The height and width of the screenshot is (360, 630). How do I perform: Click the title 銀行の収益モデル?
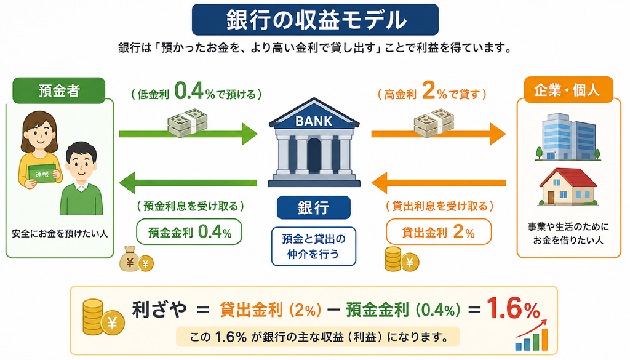point(316,20)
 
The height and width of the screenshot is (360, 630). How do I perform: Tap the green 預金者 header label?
point(59,90)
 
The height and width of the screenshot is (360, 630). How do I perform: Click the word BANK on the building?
point(314,121)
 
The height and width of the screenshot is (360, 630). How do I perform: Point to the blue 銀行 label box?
point(313,207)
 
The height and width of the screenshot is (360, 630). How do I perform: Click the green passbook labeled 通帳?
point(42,174)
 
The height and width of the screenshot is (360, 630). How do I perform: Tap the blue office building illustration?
point(568,137)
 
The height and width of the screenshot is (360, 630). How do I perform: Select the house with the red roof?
point(568,186)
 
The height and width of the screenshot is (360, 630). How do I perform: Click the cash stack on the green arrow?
point(188,122)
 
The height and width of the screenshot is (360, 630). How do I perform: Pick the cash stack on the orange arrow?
point(434,122)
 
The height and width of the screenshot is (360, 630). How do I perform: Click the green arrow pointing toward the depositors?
point(188,183)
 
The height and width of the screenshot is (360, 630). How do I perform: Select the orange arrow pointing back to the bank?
point(439,183)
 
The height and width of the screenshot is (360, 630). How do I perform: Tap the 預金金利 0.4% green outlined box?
point(189,232)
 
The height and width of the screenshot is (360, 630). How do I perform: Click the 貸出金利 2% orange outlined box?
point(439,232)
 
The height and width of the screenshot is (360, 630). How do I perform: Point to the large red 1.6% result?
point(514,308)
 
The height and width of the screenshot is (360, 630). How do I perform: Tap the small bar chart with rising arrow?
point(532,335)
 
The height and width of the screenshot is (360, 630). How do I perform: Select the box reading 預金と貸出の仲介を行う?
point(314,246)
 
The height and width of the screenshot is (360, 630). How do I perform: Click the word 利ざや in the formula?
point(159,310)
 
